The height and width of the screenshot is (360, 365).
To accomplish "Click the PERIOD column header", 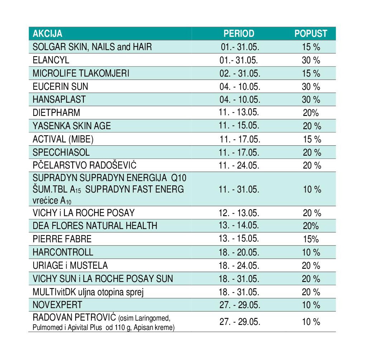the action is [239, 34].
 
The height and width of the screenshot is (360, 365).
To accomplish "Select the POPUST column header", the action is [311, 34].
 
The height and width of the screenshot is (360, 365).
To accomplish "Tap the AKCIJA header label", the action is [48, 34].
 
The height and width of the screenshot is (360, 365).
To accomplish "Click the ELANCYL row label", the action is [51, 60].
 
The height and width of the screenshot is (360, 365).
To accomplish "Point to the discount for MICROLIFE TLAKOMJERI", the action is [311, 73].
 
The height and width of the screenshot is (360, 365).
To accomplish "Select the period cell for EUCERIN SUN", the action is [240, 87].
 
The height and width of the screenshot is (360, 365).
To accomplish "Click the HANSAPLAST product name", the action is [59, 99].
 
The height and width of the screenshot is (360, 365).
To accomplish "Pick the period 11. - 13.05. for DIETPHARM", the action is [239, 112].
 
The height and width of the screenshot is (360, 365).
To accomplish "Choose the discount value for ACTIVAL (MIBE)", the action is [312, 139].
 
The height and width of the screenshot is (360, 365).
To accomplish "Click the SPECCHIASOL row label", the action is [61, 152].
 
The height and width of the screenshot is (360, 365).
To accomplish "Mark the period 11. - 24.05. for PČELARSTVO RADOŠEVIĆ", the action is [239, 165].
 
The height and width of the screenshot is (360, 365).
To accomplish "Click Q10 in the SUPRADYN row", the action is [179, 178].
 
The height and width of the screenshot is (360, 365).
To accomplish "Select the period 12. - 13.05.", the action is [239, 213].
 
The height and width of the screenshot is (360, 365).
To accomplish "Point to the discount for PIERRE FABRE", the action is [311, 239].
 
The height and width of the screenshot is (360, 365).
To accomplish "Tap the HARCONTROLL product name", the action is [63, 252].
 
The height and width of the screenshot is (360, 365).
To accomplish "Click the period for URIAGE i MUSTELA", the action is [239, 266].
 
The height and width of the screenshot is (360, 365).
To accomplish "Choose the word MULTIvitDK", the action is [54, 292].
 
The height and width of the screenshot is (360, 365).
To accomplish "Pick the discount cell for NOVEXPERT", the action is [311, 305].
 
